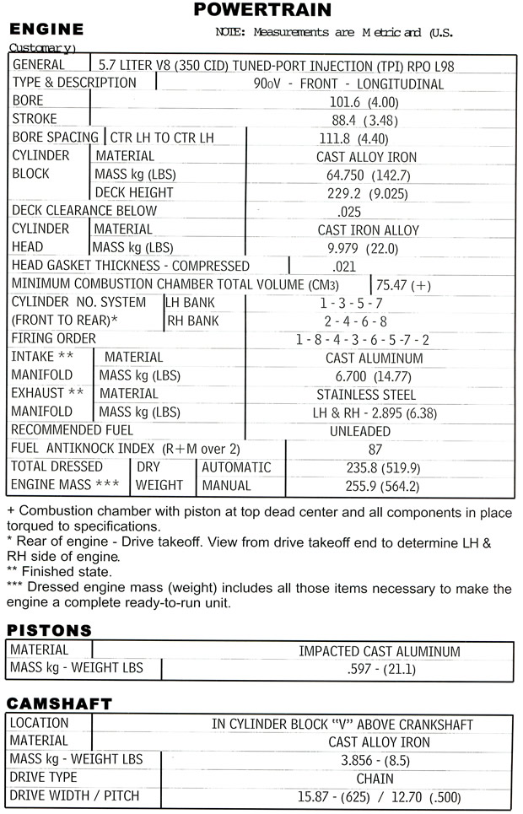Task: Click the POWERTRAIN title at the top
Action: (x=262, y=10)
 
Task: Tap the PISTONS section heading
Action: (x=49, y=631)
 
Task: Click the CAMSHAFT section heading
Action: (x=59, y=703)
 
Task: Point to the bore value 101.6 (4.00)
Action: (x=365, y=101)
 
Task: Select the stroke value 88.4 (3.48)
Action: (x=365, y=120)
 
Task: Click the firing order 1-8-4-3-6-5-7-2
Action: (x=363, y=340)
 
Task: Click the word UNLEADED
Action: (x=360, y=431)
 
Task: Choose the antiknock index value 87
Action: (x=376, y=450)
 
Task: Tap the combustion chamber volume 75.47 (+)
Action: (x=403, y=285)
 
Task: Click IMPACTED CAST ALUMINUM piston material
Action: (x=380, y=651)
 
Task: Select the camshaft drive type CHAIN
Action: (x=375, y=779)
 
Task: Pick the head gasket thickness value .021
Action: (x=345, y=267)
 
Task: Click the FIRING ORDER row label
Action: (x=54, y=339)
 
